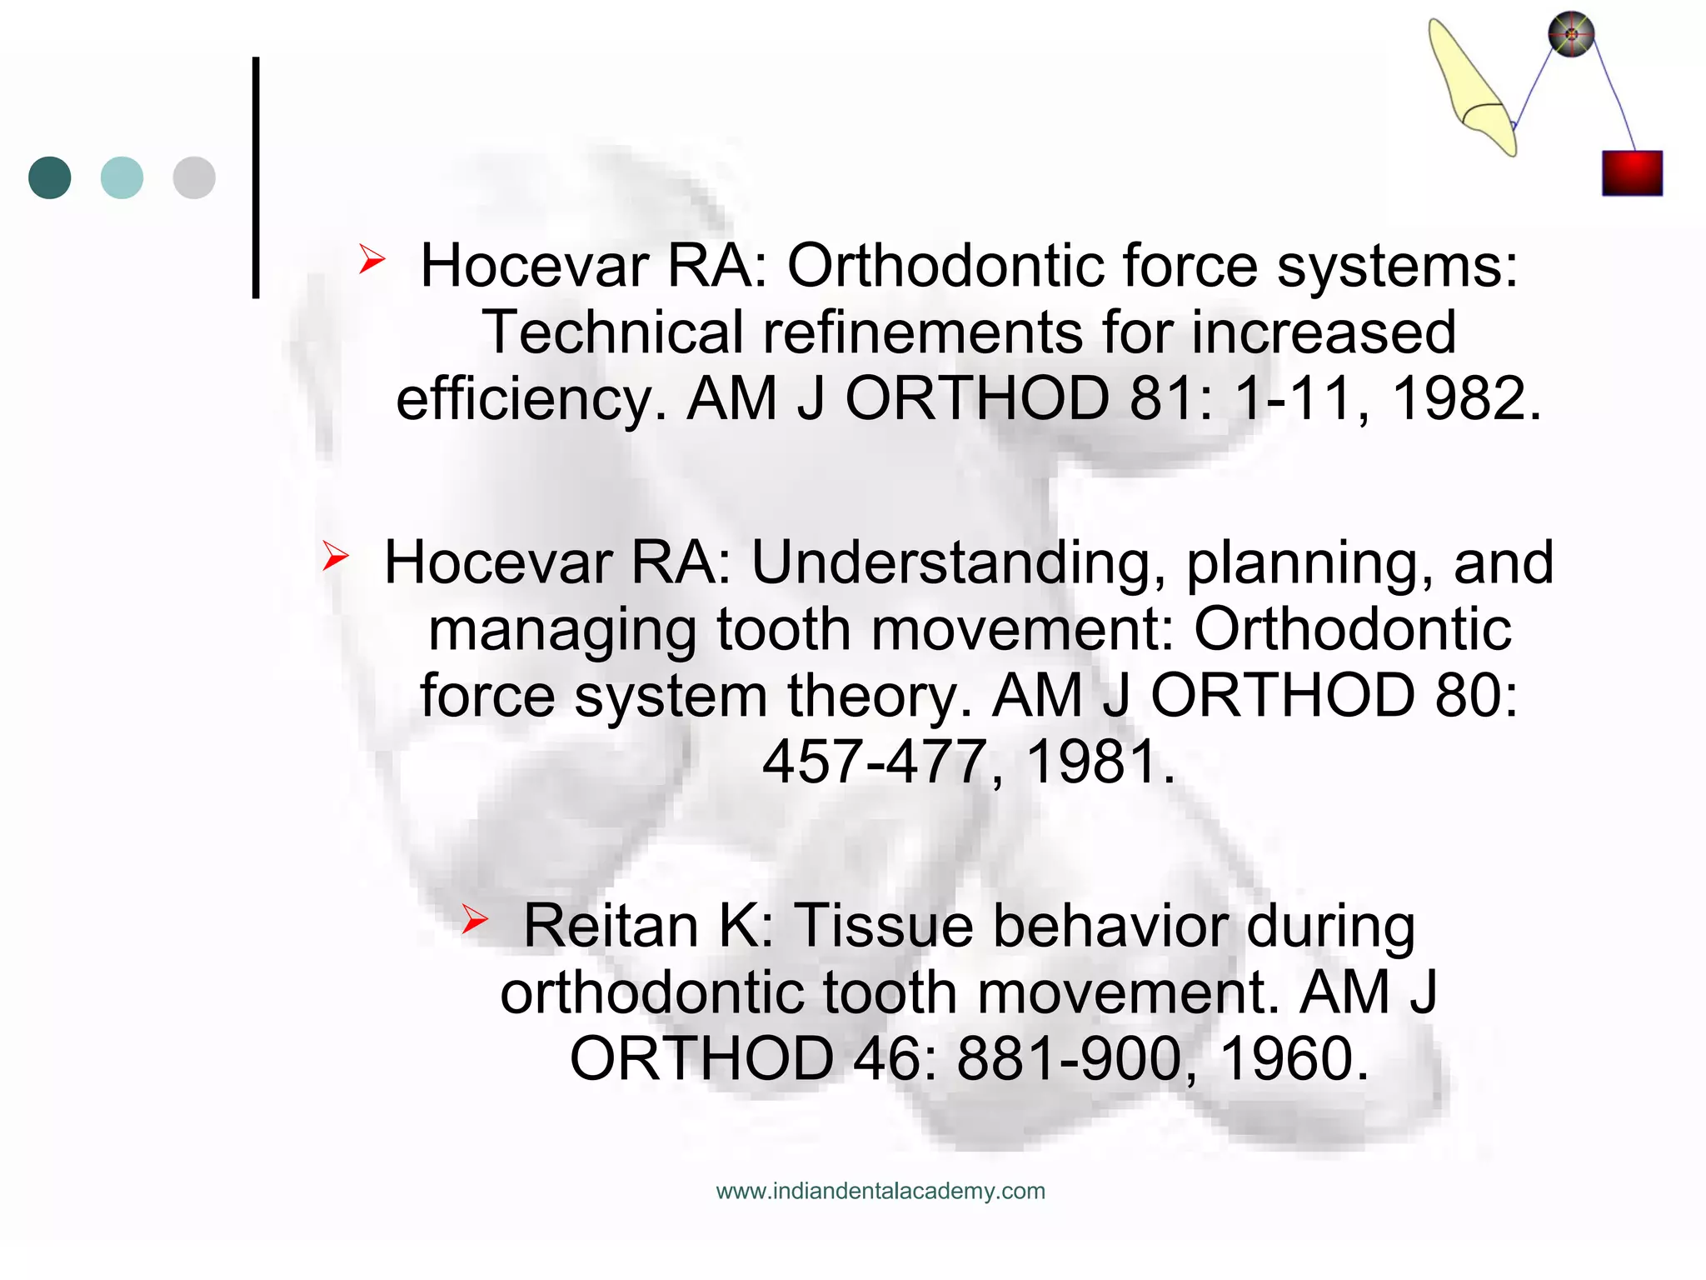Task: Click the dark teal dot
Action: pos(50,177)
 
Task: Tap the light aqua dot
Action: pos(122,177)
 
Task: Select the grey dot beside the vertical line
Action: pos(194,177)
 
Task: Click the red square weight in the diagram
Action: pos(1632,173)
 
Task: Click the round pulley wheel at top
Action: pos(1571,35)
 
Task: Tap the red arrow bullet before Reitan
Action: pos(475,919)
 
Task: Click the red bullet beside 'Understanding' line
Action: pos(335,556)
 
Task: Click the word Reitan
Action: pos(611,926)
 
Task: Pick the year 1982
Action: pos(1467,399)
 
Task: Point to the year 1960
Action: pos(1294,1059)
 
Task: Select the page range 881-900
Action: pos(1069,1059)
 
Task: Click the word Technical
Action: pos(612,332)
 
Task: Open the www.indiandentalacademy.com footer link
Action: pos(880,1191)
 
